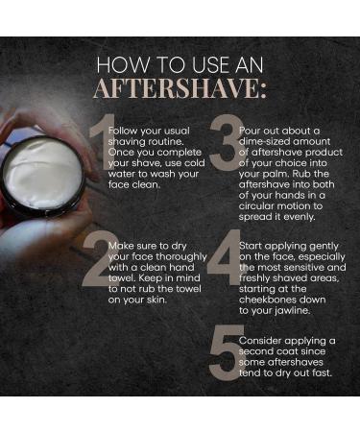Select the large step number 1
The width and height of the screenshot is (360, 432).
(103, 142)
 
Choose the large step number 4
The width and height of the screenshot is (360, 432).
(225, 257)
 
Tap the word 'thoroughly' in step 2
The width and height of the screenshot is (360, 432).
(181, 257)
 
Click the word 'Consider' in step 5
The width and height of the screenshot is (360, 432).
(259, 341)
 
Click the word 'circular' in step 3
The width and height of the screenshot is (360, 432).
(256, 206)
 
